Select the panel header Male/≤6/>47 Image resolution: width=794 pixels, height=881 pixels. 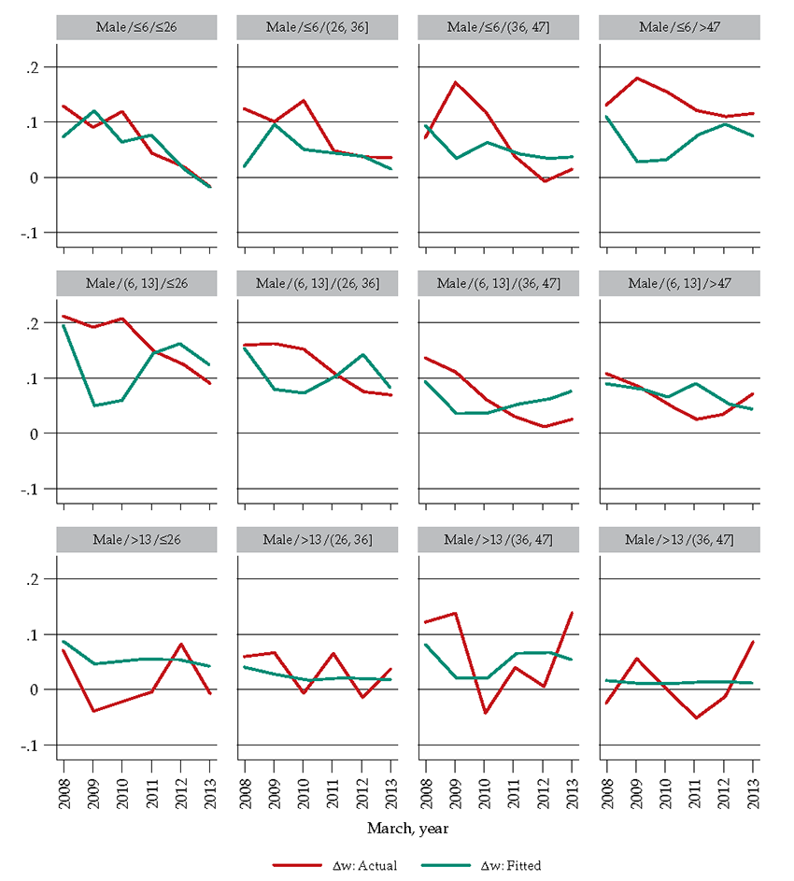click(679, 28)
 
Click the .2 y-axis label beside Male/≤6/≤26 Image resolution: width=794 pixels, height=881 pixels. click(35, 67)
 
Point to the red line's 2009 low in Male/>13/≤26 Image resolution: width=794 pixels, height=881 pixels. click(92, 711)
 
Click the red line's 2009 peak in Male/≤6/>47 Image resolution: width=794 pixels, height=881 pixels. click(635, 78)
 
